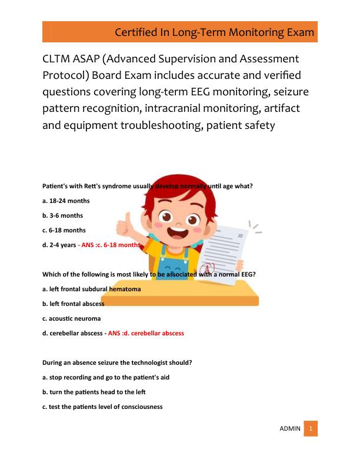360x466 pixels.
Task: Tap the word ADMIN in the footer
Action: [289, 428]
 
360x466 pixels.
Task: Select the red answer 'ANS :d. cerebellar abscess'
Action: [146, 333]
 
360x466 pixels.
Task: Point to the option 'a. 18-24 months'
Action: [66, 201]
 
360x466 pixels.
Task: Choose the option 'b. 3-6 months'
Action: [64, 215]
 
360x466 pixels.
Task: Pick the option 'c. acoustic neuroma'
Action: [71, 318]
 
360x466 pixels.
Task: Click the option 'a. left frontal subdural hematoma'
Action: [91, 289]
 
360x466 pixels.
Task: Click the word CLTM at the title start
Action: [59, 59]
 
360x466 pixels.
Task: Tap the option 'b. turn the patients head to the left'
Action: [94, 392]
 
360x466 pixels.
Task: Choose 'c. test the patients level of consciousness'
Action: [102, 407]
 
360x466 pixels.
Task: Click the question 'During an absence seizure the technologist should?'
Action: [117, 362]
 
